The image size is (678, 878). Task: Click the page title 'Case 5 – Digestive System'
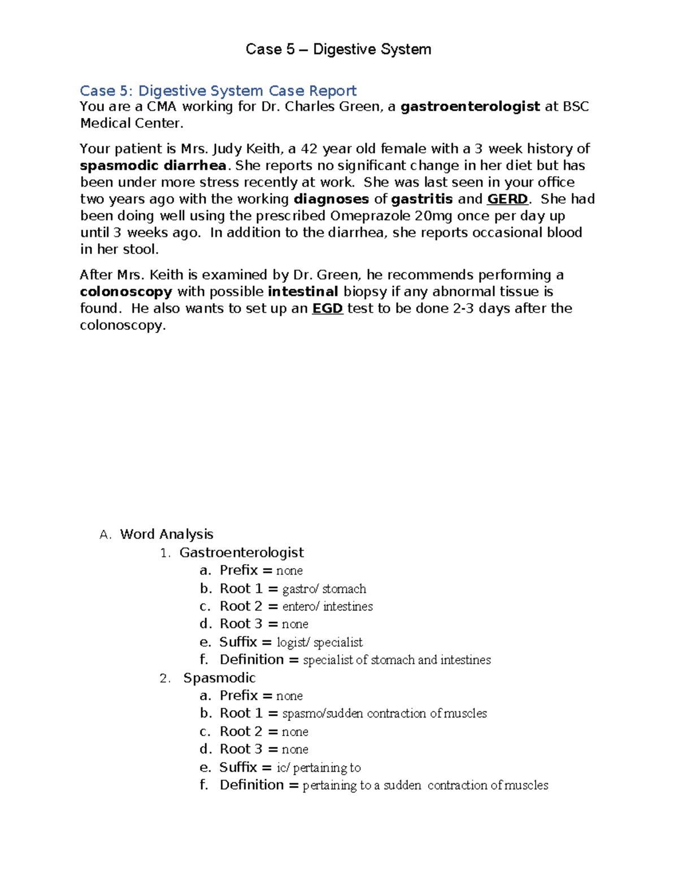coord(338,50)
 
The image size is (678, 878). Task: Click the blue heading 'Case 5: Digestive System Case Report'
coord(218,90)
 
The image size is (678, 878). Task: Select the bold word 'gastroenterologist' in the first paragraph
coord(470,107)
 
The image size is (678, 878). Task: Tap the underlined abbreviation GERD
coord(507,199)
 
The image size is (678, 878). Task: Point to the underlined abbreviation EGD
coord(328,309)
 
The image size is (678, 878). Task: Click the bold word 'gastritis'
coord(422,199)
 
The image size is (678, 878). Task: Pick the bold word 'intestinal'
coord(303,292)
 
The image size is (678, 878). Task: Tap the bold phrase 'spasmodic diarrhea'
coord(153,166)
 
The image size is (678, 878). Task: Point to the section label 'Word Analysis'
coord(167,534)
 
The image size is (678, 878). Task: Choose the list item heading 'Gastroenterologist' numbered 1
coord(241,552)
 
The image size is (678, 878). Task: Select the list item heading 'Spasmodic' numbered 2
coord(219,678)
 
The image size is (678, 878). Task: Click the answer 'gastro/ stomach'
coord(324,589)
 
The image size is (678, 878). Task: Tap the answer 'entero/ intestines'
coord(327,607)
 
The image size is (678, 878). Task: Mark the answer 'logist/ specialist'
coord(319,642)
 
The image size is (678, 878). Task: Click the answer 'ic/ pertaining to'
coord(318,768)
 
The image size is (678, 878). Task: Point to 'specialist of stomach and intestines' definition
coord(397,660)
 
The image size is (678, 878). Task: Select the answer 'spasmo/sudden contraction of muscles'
coord(384,713)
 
